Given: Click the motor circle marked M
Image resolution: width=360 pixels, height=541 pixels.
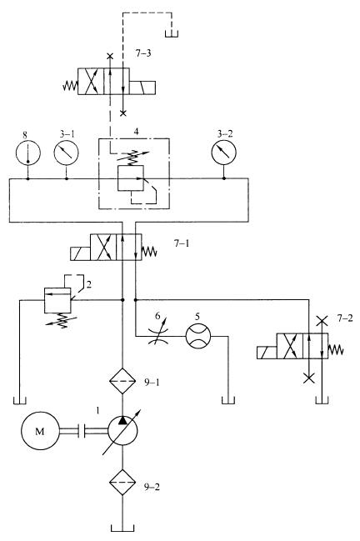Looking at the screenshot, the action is (40, 431).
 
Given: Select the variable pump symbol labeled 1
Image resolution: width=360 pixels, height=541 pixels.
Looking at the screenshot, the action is (122, 430).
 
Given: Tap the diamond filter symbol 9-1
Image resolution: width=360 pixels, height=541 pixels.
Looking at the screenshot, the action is (122, 381).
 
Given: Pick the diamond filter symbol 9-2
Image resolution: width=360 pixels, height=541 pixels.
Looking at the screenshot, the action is (122, 483).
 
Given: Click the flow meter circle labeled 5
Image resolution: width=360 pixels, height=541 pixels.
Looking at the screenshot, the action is (198, 336).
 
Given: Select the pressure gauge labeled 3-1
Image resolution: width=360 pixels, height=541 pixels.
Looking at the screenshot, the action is (66, 153).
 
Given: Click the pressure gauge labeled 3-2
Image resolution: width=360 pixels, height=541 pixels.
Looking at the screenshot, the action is (224, 153).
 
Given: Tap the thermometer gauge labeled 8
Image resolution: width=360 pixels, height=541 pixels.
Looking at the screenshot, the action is (28, 153).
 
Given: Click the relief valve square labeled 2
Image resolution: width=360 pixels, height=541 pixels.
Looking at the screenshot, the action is (57, 300).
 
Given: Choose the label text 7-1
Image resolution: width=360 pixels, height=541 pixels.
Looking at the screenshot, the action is (182, 243).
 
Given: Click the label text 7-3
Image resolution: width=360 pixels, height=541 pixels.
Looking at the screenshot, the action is (143, 53).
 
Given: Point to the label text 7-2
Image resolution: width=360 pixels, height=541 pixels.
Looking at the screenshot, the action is (345, 318).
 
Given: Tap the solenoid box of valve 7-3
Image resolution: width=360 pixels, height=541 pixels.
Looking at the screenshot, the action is (142, 88).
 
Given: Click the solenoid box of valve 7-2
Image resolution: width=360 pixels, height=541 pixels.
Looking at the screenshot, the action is (267, 353).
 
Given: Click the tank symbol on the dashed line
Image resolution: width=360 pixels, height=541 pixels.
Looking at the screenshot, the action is (172, 33).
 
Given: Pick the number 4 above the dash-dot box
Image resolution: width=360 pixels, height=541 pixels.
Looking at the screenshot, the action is (137, 133).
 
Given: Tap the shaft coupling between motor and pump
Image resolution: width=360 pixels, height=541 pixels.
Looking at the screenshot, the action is (82, 431).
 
